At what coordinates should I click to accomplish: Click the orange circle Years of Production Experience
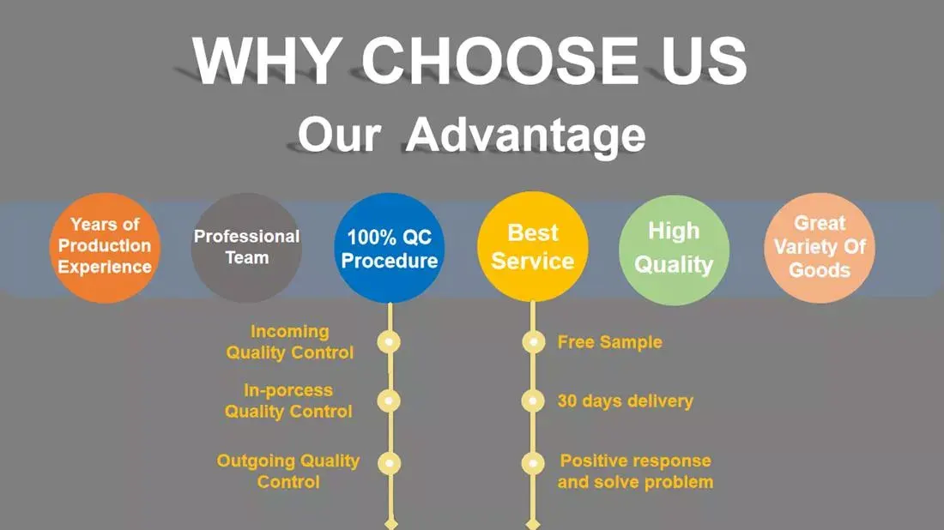tap(105, 247)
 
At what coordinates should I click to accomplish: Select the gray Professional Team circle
tap(246, 247)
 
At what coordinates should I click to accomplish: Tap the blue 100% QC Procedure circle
tap(390, 247)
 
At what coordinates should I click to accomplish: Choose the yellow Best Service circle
tap(533, 247)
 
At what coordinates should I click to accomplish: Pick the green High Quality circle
tap(675, 250)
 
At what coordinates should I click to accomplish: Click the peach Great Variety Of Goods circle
tap(820, 247)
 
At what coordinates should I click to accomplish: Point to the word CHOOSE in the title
tap(499, 61)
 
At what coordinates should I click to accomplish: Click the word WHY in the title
tap(267, 61)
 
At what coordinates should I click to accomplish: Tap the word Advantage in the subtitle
tap(525, 135)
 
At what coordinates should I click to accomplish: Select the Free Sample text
tap(610, 341)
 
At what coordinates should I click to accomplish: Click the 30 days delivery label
tap(626, 401)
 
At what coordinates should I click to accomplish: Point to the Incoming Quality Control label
tap(289, 341)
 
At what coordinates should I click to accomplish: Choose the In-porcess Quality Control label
tap(288, 401)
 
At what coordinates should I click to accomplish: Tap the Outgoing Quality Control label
tap(288, 471)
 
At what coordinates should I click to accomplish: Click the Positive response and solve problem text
tap(635, 471)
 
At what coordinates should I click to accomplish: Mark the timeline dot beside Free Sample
tap(533, 341)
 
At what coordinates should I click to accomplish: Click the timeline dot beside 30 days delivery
tap(533, 401)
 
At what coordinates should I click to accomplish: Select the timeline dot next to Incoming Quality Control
tap(389, 341)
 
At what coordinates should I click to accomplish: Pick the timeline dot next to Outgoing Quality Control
tap(389, 463)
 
